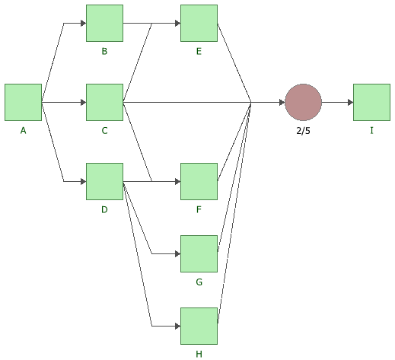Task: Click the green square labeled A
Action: pyautogui.click(x=23, y=102)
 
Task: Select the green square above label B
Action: pyautogui.click(x=104, y=23)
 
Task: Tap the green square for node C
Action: pyautogui.click(x=104, y=102)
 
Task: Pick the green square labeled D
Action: pyautogui.click(x=104, y=181)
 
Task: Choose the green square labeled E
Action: pyautogui.click(x=199, y=23)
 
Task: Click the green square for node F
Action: pyautogui.click(x=199, y=181)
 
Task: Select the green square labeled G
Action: pyautogui.click(x=199, y=253)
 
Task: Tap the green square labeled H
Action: pyautogui.click(x=199, y=326)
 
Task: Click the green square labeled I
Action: pyautogui.click(x=371, y=102)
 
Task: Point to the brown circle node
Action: pyautogui.click(x=303, y=102)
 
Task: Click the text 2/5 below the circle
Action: pyautogui.click(x=303, y=131)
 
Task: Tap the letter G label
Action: pyautogui.click(x=199, y=282)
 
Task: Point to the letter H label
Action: pyautogui.click(x=199, y=354)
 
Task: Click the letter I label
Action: pyautogui.click(x=371, y=130)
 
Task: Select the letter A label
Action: pyautogui.click(x=23, y=130)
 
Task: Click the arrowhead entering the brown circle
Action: pyautogui.click(x=282, y=102)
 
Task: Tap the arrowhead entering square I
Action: pyautogui.click(x=350, y=102)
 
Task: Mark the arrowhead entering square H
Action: pyautogui.click(x=177, y=326)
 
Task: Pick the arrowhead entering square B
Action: pyautogui.click(x=83, y=23)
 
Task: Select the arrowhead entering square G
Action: pyautogui.click(x=177, y=253)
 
